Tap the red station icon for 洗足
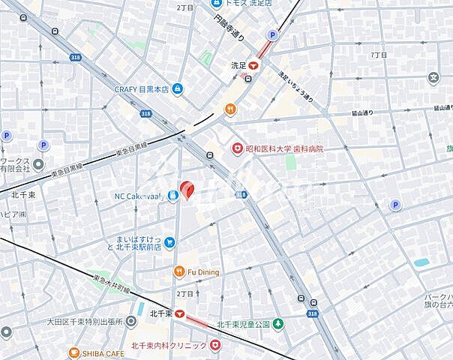click(254, 65)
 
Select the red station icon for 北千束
click(179, 313)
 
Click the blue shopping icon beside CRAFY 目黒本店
click(177, 89)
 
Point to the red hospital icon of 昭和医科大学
click(237, 149)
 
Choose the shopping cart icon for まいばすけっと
click(170, 241)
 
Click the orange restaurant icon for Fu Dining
click(179, 271)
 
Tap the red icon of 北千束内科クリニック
click(216, 345)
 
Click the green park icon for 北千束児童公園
click(278, 324)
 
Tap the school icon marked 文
click(433, 77)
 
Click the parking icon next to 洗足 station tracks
click(273, 35)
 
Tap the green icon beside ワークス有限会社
click(38, 163)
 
